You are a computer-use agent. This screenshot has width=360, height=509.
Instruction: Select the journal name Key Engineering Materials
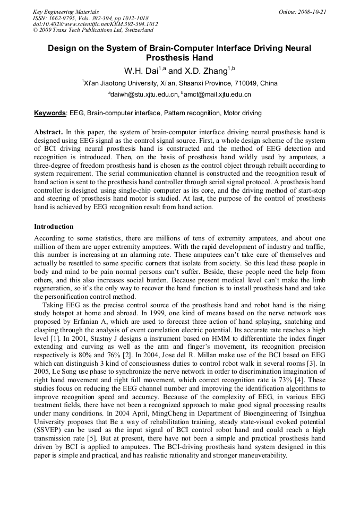(66, 11)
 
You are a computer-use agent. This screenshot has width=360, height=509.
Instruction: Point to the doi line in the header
(95, 24)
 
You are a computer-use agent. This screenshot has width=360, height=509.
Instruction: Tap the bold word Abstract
(48, 131)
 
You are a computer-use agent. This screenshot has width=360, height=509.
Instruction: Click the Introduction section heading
(54, 227)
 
